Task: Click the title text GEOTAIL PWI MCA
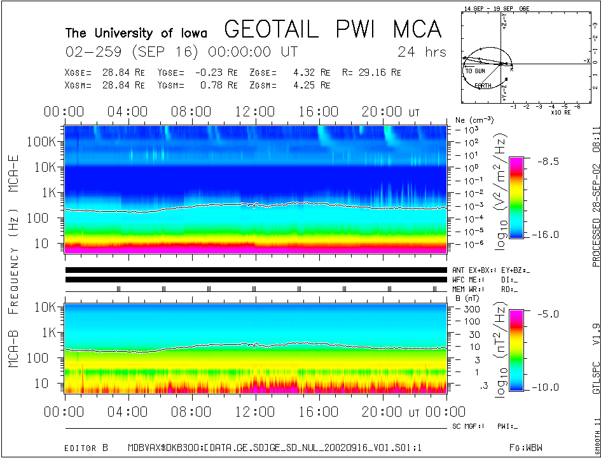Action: [333, 29]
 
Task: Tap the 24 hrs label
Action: [422, 52]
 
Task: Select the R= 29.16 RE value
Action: [370, 73]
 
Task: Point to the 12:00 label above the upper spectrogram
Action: [254, 112]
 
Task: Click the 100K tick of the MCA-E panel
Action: [43, 142]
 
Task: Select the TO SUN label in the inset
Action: [475, 71]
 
